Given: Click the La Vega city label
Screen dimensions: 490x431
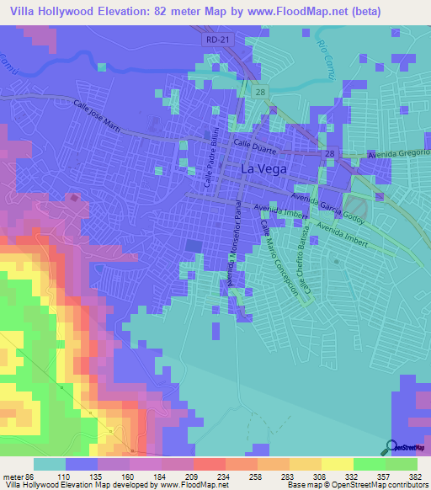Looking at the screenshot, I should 263,169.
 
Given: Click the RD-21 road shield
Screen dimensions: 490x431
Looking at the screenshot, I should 216,40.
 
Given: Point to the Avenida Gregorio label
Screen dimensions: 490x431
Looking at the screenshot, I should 399,155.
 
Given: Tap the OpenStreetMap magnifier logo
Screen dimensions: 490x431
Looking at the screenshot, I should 391,447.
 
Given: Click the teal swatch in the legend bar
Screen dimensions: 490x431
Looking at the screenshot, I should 50,464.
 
